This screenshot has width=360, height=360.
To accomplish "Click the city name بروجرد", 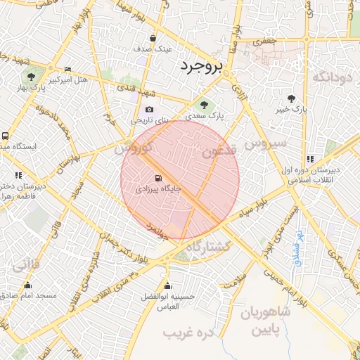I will click(x=200, y=66).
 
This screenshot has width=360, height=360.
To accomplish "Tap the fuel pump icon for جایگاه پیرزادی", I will click(x=157, y=178).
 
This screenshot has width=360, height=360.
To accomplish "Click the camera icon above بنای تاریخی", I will click(x=149, y=110).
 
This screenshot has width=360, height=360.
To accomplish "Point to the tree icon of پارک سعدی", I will click(x=204, y=105).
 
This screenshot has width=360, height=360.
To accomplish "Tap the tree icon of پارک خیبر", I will click(x=292, y=99).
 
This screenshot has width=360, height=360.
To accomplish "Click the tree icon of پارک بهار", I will click(x=30, y=75).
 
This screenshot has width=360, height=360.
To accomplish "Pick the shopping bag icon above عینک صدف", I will click(x=153, y=38).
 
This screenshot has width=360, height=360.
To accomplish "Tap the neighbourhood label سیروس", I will click(x=266, y=143).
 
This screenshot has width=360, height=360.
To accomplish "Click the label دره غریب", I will click(x=188, y=330).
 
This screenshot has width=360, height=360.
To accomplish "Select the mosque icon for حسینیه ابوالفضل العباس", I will click(x=167, y=285).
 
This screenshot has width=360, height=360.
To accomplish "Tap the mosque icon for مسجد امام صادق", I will click(x=28, y=285).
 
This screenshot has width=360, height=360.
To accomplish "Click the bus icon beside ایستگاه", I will click(x=6, y=136).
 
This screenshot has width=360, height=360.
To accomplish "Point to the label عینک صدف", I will click(x=153, y=49).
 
